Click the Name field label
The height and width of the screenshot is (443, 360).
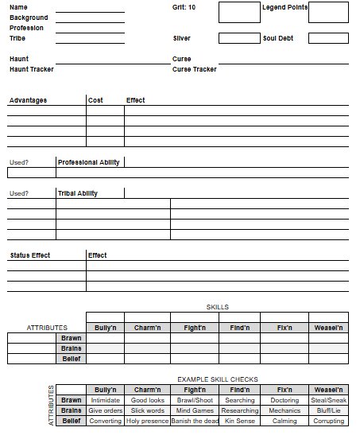18,7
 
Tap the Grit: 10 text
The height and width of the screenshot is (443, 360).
184,7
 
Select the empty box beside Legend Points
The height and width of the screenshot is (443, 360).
328,12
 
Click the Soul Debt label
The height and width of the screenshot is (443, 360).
278,38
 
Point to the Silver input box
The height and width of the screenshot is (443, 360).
238,38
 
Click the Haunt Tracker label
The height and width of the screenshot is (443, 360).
32,69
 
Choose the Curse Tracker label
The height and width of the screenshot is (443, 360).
194,69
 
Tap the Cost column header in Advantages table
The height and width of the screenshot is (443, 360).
95,100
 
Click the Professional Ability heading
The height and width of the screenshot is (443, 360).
89,162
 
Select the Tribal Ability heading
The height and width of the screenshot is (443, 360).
78,193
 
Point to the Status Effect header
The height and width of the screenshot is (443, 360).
30,255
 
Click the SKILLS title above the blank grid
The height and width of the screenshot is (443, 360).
217,307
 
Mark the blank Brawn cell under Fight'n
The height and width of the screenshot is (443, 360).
194,338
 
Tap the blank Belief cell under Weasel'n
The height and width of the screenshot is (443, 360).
328,359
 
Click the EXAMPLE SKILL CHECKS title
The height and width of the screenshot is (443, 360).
217,379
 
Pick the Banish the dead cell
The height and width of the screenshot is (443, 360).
194,421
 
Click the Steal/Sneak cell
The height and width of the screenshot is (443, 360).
328,400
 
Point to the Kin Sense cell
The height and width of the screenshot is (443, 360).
239,421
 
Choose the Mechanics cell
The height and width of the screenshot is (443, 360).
285,410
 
